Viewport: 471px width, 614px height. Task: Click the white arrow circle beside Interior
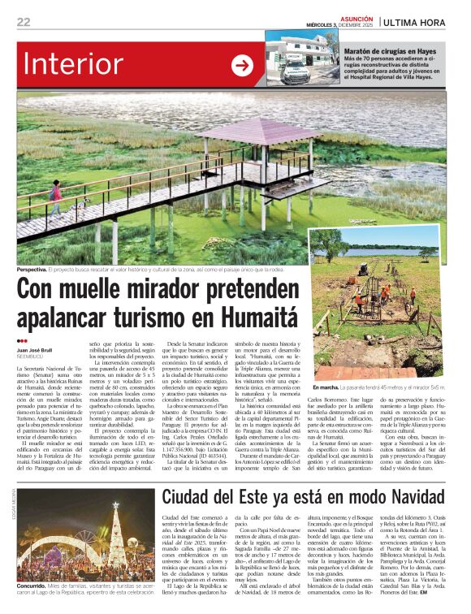coord(242,67)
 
